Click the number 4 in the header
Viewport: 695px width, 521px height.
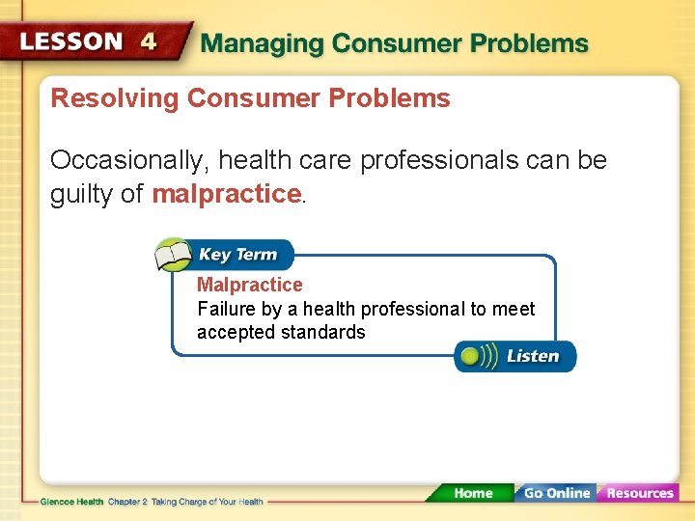(148, 41)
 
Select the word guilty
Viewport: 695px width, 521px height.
(82, 194)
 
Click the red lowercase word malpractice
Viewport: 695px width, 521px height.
(226, 194)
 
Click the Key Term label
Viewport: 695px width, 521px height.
(237, 255)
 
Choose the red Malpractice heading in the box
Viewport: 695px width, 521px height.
(249, 285)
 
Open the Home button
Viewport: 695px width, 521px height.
(472, 493)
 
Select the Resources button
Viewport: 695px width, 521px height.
(639, 493)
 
